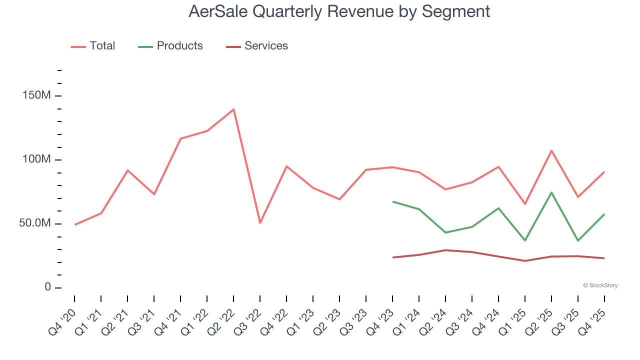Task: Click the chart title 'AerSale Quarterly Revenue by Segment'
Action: click(339, 11)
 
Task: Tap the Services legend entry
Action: click(257, 46)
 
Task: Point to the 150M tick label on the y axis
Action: click(36, 95)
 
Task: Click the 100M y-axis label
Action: click(36, 159)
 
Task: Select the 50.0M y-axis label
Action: click(35, 223)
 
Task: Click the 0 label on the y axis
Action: click(47, 287)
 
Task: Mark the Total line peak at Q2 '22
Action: click(233, 109)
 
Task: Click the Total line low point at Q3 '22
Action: click(260, 222)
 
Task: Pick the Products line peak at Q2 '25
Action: click(551, 192)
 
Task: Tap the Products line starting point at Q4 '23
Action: click(392, 201)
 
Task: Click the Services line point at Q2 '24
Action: click(445, 250)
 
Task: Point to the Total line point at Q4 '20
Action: click(74, 224)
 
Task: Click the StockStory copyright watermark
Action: click(600, 285)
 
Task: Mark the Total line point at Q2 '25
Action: click(551, 150)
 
